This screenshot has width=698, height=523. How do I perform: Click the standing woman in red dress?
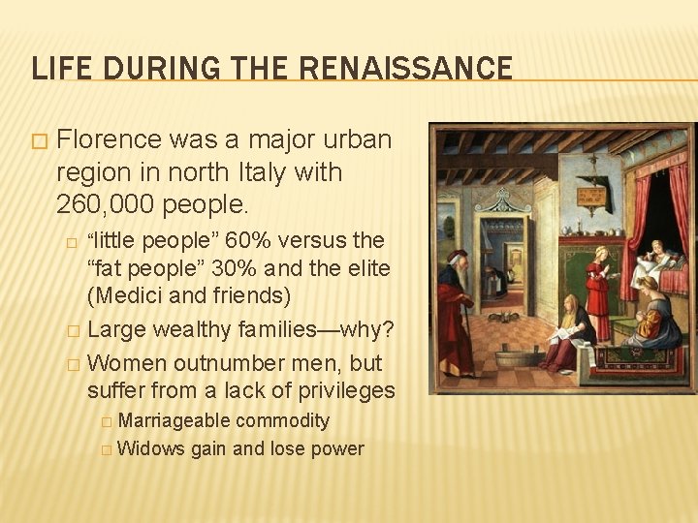(x=599, y=292)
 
